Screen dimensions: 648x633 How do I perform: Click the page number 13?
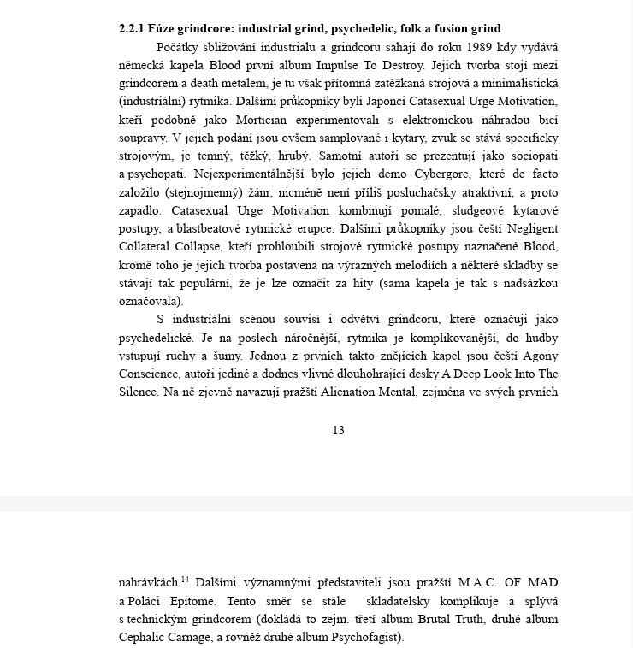(x=338, y=430)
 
